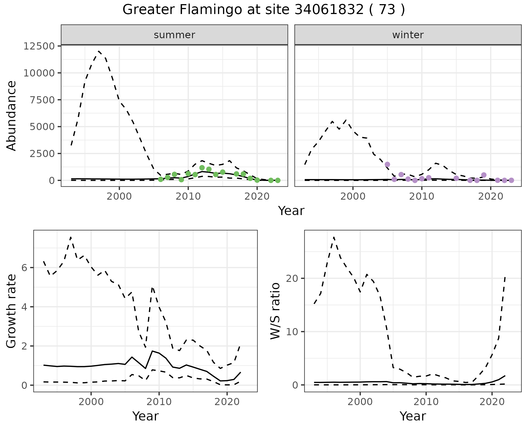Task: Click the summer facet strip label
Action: (x=174, y=35)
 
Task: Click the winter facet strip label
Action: (x=408, y=35)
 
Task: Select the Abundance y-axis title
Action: (x=12, y=116)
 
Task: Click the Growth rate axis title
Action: (x=12, y=311)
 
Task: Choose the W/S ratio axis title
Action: (x=275, y=311)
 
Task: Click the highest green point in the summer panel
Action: (x=202, y=168)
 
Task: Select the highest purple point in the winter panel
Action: (x=387, y=164)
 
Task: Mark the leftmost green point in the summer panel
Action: (x=161, y=179)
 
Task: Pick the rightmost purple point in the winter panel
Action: (x=511, y=180)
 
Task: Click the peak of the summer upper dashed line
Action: (x=99, y=51)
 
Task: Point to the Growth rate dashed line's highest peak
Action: (x=71, y=237)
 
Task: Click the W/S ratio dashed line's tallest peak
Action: (x=334, y=237)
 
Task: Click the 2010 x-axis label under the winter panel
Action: (x=421, y=197)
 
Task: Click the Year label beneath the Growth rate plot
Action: (x=145, y=416)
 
